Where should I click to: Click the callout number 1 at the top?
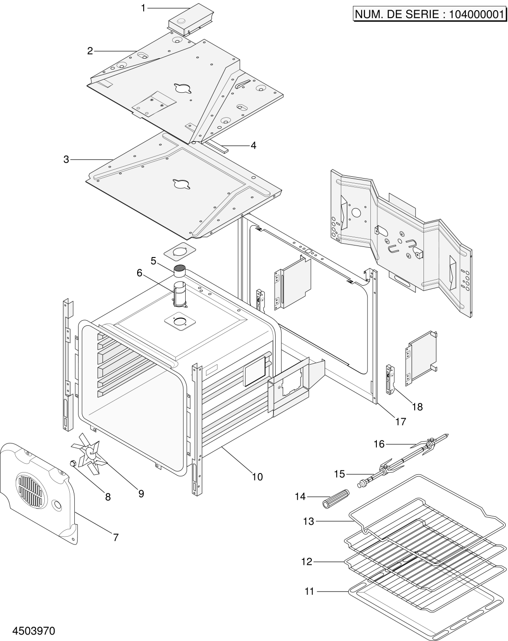[x=143, y=8]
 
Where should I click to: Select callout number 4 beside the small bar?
[x=253, y=145]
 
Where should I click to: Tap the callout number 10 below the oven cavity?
[x=257, y=477]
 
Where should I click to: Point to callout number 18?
[x=417, y=407]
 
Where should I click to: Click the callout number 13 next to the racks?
[x=308, y=521]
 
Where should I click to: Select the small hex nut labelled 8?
[x=73, y=462]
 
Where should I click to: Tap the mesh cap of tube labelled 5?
[x=179, y=268]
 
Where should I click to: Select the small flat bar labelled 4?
[x=219, y=147]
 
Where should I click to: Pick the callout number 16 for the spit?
[x=379, y=444]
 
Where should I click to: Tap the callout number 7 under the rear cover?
[x=115, y=537]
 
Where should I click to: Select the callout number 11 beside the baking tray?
[x=309, y=591]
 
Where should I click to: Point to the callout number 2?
[x=90, y=51]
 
